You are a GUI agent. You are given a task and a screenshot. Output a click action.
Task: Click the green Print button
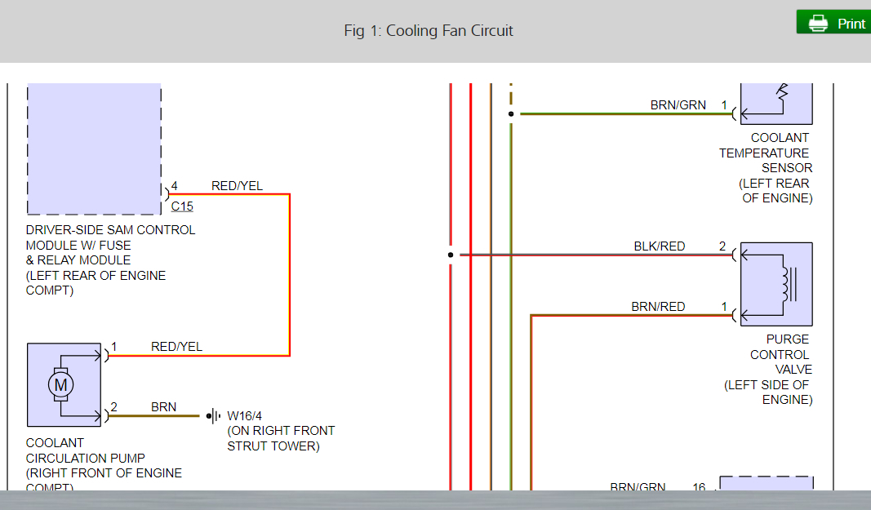coord(833,23)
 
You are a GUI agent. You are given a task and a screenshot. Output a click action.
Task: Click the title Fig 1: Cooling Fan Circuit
coord(429,31)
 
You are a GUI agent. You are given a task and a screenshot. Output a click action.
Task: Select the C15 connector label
coord(182,206)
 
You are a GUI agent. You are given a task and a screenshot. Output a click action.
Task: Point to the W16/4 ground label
coord(245,415)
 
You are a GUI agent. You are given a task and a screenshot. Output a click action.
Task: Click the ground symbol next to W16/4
coord(214,415)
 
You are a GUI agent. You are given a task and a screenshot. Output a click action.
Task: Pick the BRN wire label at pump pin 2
coord(163,406)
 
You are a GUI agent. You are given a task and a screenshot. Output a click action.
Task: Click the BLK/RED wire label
coord(660,246)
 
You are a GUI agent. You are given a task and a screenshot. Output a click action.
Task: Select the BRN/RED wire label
coord(658,307)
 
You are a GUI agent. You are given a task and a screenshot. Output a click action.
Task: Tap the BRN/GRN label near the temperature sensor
coord(678,105)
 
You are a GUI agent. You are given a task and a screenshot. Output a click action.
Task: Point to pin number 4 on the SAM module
coord(173,186)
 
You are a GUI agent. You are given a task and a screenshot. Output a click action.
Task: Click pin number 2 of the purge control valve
coord(722,246)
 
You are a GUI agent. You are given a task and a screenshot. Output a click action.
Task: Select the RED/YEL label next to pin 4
coord(237,186)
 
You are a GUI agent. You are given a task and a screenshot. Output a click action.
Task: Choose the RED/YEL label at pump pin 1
coord(176,347)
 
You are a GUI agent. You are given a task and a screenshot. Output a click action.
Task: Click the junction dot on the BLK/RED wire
coord(451,255)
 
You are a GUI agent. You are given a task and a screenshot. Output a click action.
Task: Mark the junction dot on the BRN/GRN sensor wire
coord(511,114)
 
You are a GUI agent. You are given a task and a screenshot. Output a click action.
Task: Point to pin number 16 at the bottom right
coord(699,488)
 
